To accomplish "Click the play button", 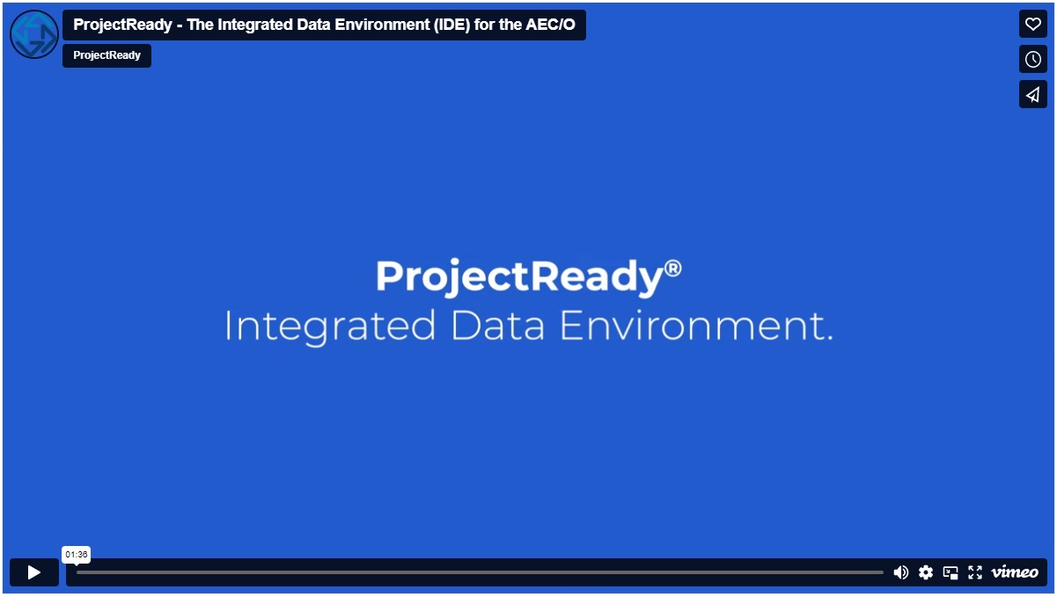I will coord(34,572).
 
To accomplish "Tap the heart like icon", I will coord(1033,24).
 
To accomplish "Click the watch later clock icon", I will coord(1033,59).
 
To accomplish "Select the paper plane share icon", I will coord(1033,94).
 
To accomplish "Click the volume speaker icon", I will coord(901,572).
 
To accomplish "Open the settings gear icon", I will coord(926,572).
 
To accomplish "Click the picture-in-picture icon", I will coord(951,572).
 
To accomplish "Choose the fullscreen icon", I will coord(975,572).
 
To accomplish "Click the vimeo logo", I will coord(1015,572).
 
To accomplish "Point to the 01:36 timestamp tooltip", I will coord(77,555).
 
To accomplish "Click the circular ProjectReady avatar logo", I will coord(34,34).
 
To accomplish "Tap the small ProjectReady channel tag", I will coord(106,55).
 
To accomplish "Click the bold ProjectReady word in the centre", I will coord(518,278).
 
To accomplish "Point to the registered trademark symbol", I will coord(673,267).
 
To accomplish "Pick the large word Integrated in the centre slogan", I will coord(330,326).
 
